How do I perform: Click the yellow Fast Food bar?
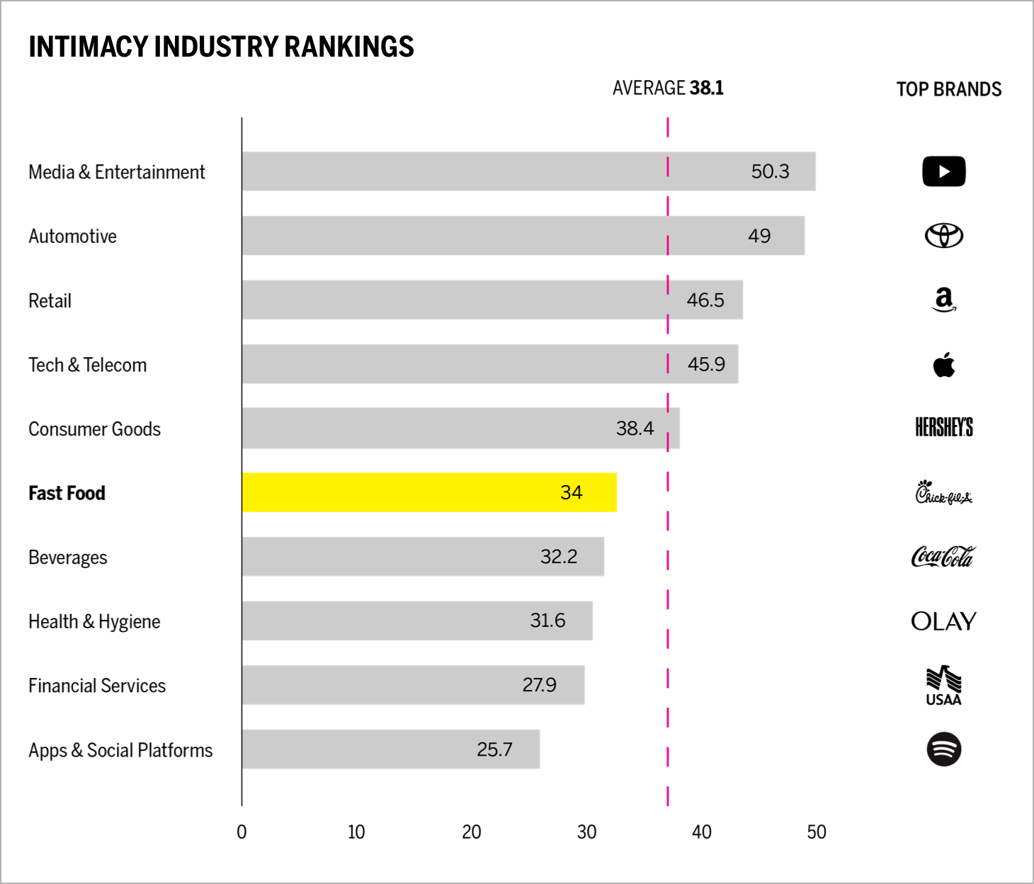pos(428,492)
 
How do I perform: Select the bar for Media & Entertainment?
pos(528,171)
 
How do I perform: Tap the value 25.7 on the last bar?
pos(494,749)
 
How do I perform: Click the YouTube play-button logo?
pos(943,171)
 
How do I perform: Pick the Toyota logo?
pos(943,235)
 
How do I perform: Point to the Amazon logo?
pos(943,300)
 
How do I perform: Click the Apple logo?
pos(943,365)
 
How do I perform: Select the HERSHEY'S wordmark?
pos(943,428)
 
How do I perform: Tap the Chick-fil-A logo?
pos(943,492)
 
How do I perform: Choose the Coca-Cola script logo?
pos(943,557)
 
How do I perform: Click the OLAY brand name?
pos(943,621)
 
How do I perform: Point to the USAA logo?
pos(943,686)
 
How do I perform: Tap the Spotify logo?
pos(943,749)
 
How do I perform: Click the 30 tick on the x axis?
pos(586,832)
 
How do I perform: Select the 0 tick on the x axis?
pos(242,832)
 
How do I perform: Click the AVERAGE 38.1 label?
pos(668,88)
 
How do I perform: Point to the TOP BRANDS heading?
pos(948,89)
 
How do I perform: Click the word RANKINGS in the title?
pos(348,47)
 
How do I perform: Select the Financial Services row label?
pos(97,686)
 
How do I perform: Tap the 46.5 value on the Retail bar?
pos(705,300)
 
